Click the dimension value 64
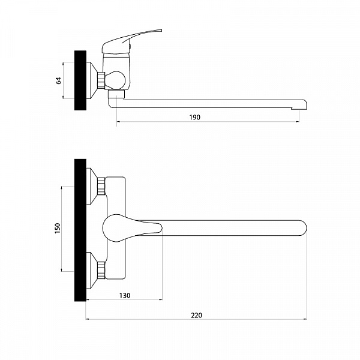59,80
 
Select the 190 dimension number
194,118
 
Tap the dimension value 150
58,228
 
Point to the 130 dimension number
125,295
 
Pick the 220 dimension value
197,315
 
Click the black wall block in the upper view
80,80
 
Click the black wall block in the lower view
80,230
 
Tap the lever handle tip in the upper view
161,30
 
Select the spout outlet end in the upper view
299,107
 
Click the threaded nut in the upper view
101,80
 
